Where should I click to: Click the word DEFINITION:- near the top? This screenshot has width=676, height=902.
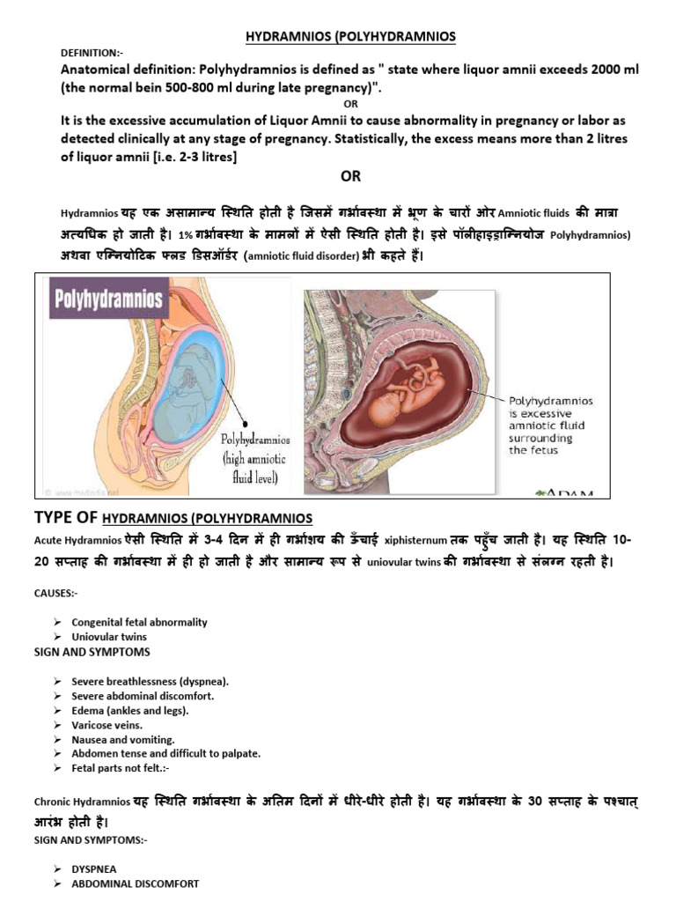[94, 53]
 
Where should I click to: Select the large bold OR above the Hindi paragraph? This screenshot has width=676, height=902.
[350, 176]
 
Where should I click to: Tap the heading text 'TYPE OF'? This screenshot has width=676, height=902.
[66, 516]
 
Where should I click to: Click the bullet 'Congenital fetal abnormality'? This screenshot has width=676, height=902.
[139, 622]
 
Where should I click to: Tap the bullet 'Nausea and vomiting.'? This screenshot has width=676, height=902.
[123, 739]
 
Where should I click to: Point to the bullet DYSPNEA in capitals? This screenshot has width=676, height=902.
[95, 869]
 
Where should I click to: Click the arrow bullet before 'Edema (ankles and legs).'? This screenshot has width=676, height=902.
[56, 711]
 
